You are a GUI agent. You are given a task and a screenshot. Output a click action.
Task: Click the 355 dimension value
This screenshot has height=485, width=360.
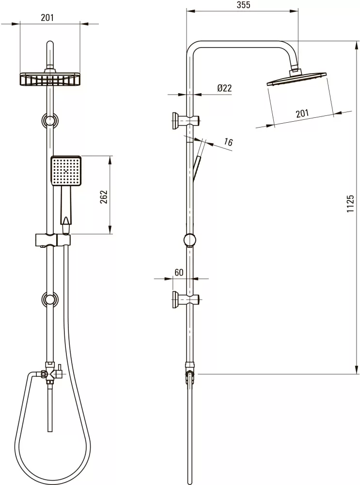pyautogui.click(x=243, y=5)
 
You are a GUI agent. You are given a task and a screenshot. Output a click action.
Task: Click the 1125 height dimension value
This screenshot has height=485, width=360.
pyautogui.click(x=350, y=204)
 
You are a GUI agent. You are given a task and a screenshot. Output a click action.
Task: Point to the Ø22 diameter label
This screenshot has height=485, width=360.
pyautogui.click(x=224, y=88)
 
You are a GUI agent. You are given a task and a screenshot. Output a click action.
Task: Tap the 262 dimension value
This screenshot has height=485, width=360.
pyautogui.click(x=104, y=197)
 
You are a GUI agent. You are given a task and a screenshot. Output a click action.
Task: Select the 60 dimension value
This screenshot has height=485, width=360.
pyautogui.click(x=179, y=273)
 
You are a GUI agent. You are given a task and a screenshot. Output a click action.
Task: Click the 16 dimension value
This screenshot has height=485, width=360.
pyautogui.click(x=228, y=142)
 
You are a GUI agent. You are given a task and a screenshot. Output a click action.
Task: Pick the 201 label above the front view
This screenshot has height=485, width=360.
pyautogui.click(x=47, y=17)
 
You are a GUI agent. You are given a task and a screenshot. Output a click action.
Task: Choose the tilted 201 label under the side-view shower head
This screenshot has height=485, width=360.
pyautogui.click(x=302, y=113)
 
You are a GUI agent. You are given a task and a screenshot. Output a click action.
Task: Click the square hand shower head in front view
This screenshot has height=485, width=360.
pyautogui.click(x=66, y=171)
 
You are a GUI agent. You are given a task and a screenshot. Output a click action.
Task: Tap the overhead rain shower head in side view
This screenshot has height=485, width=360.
pyautogui.click(x=296, y=79)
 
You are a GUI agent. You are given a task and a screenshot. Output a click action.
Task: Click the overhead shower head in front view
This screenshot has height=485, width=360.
pyautogui.click(x=50, y=79)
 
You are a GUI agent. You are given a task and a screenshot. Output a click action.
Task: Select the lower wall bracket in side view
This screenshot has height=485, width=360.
pyautogui.click(x=186, y=299)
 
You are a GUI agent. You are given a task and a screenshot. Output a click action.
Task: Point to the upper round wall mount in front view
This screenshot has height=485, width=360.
pyautogui.click(x=50, y=120)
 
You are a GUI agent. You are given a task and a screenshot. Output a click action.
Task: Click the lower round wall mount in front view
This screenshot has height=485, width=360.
pyautogui.click(x=50, y=299)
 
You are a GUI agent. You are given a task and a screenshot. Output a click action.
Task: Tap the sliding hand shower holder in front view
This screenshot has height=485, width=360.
pyautogui.click(x=53, y=240)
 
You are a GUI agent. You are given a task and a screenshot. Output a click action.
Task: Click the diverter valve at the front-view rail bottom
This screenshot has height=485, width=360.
pyautogui.click(x=51, y=372)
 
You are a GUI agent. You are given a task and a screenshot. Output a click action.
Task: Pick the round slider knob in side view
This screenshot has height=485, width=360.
pyautogui.click(x=190, y=240)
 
